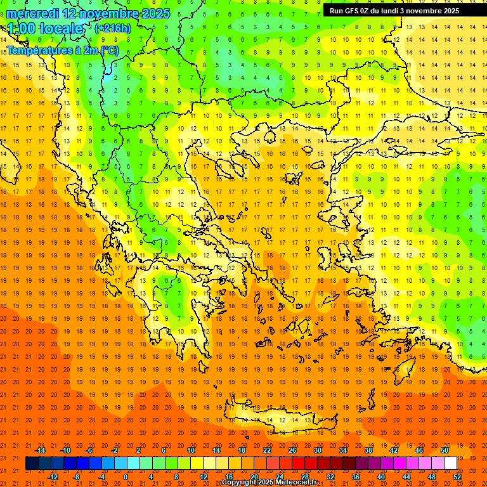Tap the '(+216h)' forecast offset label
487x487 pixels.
113,29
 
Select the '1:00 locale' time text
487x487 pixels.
46,29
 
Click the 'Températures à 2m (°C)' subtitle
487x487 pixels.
62,51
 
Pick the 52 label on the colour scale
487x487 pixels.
457,477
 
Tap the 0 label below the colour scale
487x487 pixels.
126,477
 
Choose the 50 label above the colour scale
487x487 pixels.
444,450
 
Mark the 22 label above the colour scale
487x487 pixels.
267,450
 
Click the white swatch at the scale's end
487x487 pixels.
450,464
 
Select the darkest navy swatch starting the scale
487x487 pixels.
32,464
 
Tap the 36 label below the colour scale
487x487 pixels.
355,477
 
